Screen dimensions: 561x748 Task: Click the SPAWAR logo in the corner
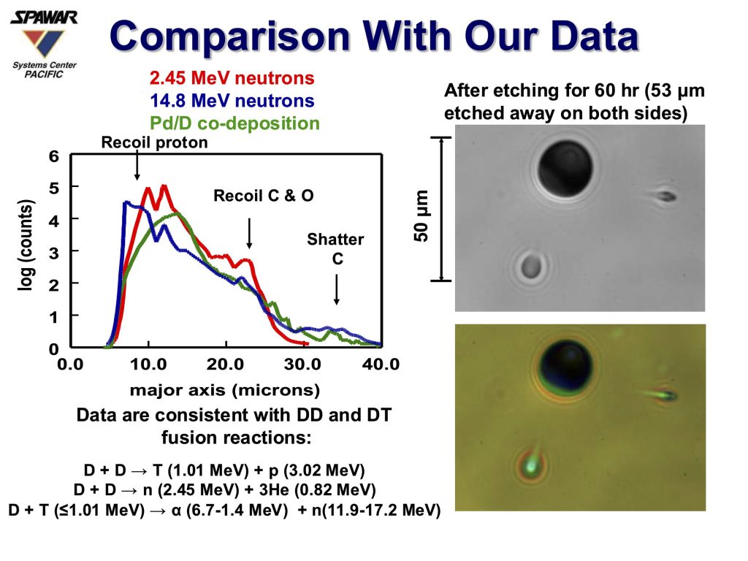[44, 40]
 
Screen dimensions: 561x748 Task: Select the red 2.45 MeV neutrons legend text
[232, 79]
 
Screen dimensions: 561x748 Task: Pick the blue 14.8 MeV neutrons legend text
[232, 101]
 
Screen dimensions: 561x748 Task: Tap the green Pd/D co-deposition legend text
[233, 123]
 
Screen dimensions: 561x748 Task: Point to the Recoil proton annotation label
[154, 142]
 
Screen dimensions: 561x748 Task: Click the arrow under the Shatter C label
[336, 289]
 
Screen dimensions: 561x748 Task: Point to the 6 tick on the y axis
[54, 156]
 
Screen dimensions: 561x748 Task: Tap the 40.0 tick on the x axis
[381, 364]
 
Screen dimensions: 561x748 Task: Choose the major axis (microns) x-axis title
[225, 389]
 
